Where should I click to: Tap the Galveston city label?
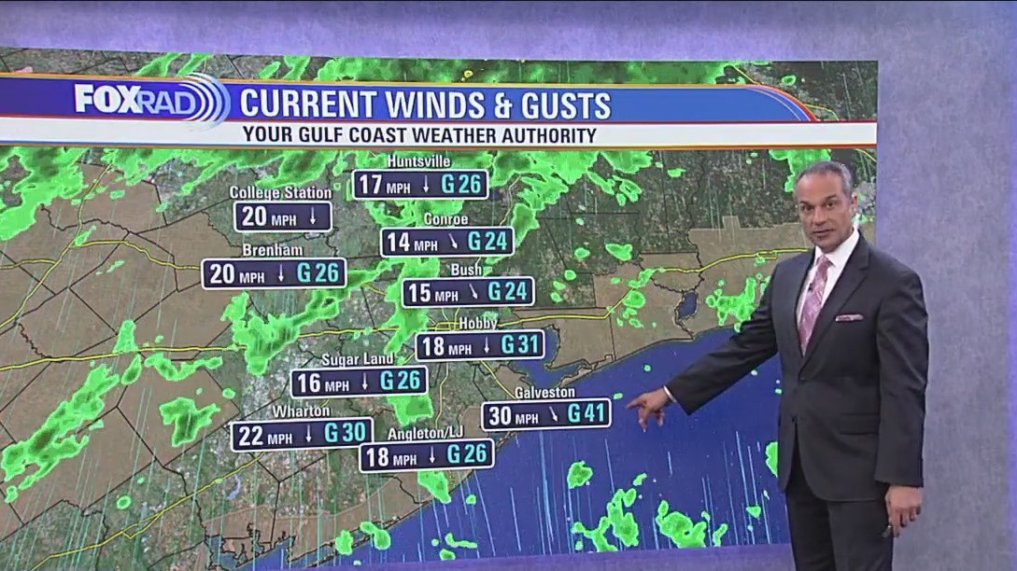[544, 393]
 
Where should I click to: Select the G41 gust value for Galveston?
[587, 414]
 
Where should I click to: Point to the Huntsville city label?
[418, 161]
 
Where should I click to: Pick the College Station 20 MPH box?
[282, 216]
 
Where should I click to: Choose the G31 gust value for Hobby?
[521, 345]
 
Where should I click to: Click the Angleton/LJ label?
[424, 434]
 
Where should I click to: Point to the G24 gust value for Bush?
[508, 292]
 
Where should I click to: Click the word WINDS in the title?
[423, 104]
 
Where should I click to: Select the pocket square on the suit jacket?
[849, 318]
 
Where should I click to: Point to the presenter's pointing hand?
[647, 407]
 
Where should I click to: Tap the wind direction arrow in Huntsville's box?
[426, 185]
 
